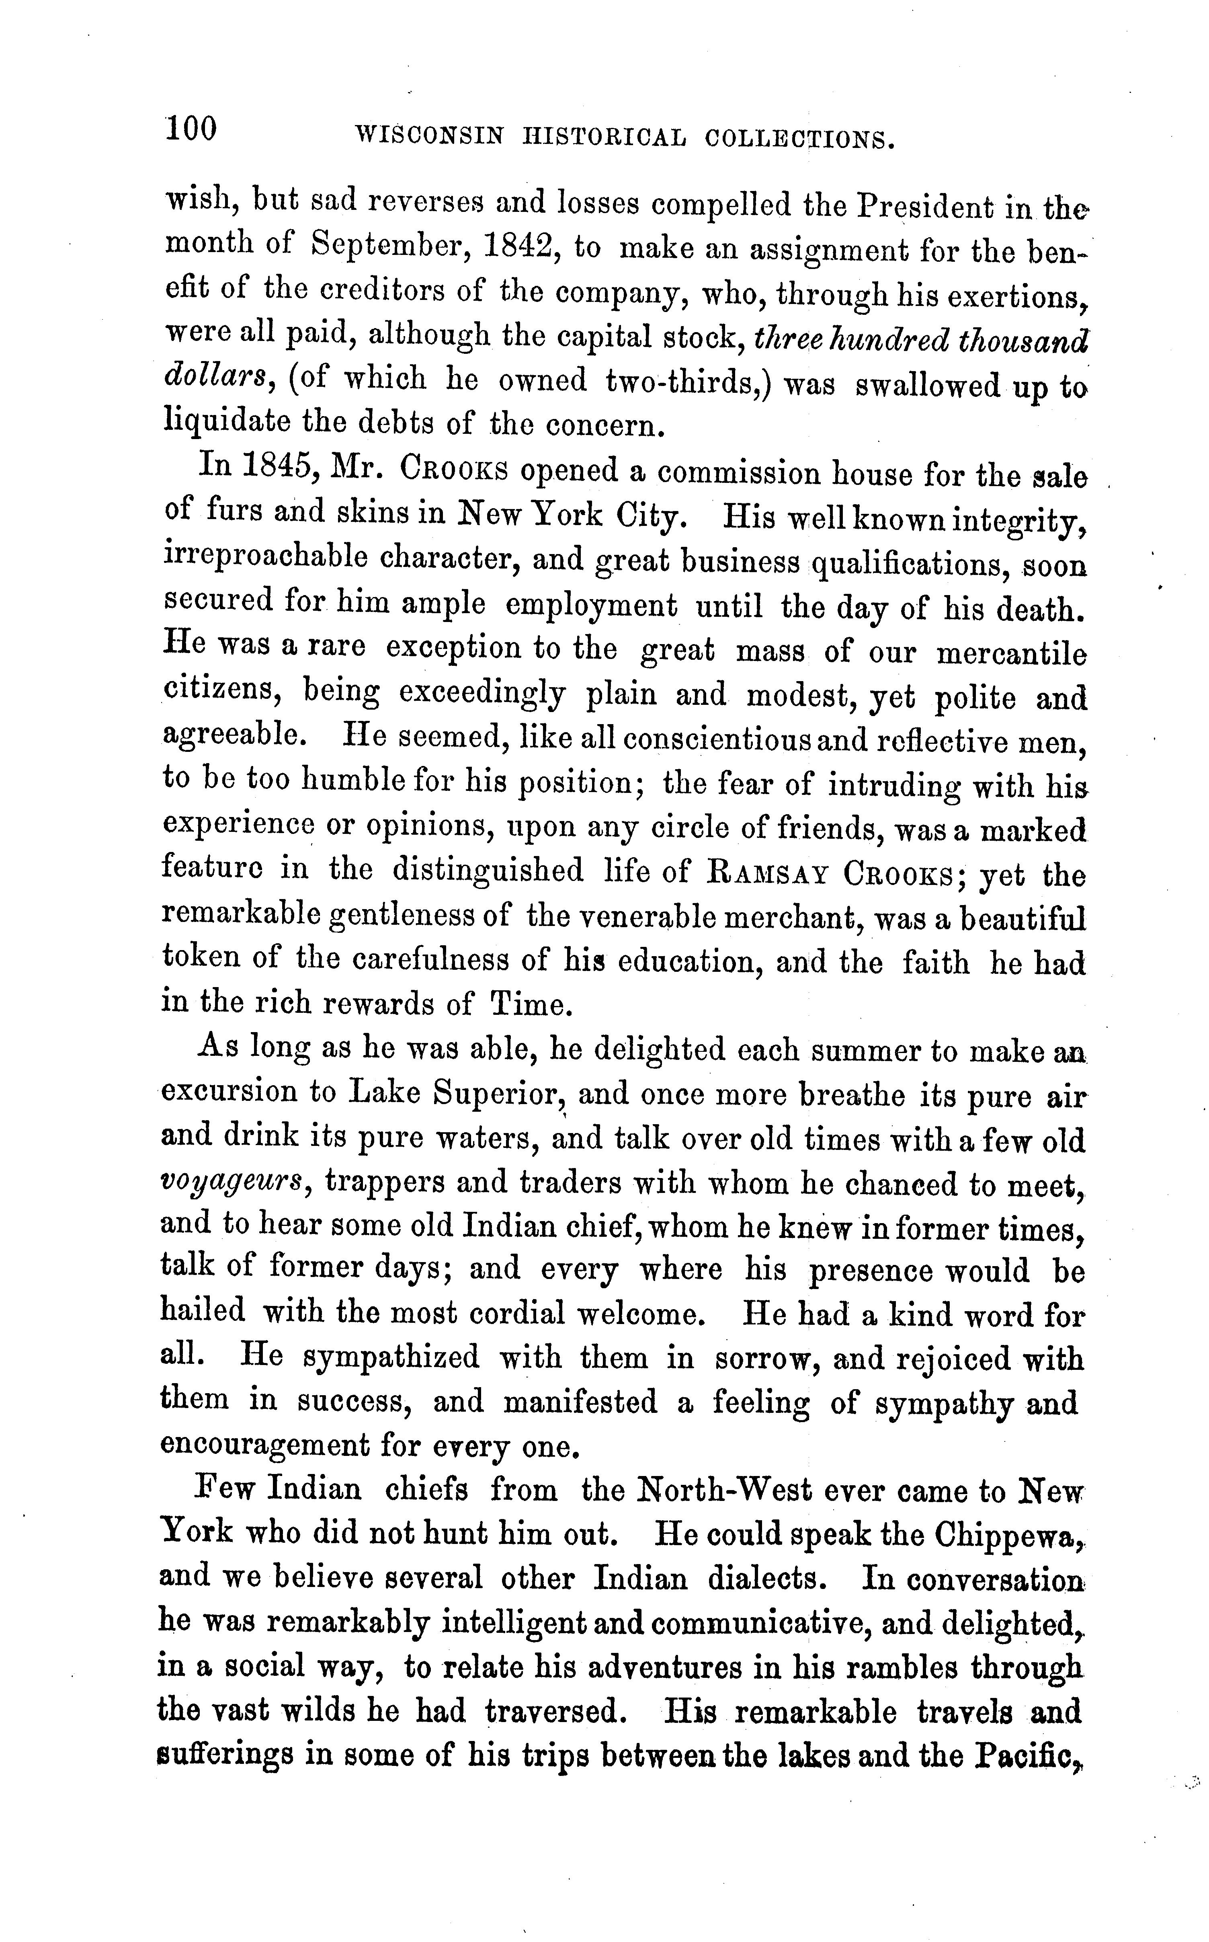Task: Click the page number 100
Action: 191,129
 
